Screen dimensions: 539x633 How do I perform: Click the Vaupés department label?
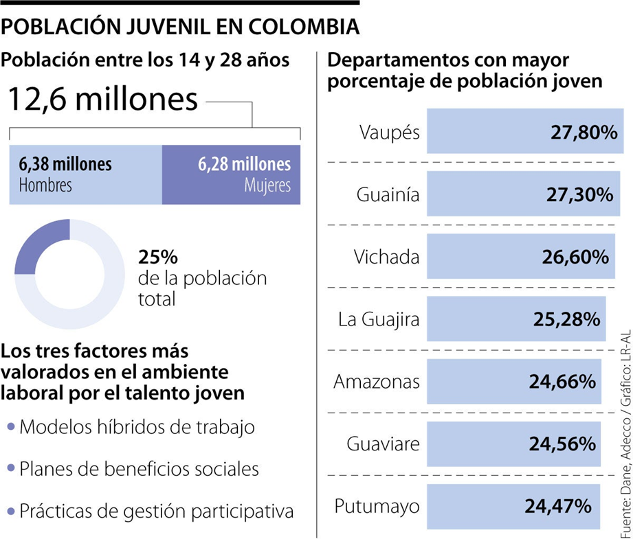coord(389,132)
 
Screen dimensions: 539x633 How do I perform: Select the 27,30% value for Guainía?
coord(579,195)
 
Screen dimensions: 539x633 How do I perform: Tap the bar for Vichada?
coord(520,257)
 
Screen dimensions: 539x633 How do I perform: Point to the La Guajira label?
coord(379,319)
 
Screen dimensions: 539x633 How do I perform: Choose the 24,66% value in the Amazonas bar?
coord(562,382)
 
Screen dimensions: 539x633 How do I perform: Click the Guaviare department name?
coord(383,444)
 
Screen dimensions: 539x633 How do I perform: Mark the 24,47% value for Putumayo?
coord(558,506)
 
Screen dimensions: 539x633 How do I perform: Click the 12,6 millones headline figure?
coord(103,99)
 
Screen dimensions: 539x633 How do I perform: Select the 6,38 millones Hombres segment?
coord(85,174)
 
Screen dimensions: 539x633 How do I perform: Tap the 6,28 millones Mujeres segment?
coord(231,174)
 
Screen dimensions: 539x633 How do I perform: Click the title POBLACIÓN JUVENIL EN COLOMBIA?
coord(181,27)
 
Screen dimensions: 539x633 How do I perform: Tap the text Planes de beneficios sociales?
coord(140,469)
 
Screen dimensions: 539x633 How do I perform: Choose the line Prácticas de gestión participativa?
coord(157,511)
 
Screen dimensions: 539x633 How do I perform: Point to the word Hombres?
coord(45,185)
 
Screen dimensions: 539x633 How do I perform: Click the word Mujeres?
coord(267,185)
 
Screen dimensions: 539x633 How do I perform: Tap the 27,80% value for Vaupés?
coord(584,132)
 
